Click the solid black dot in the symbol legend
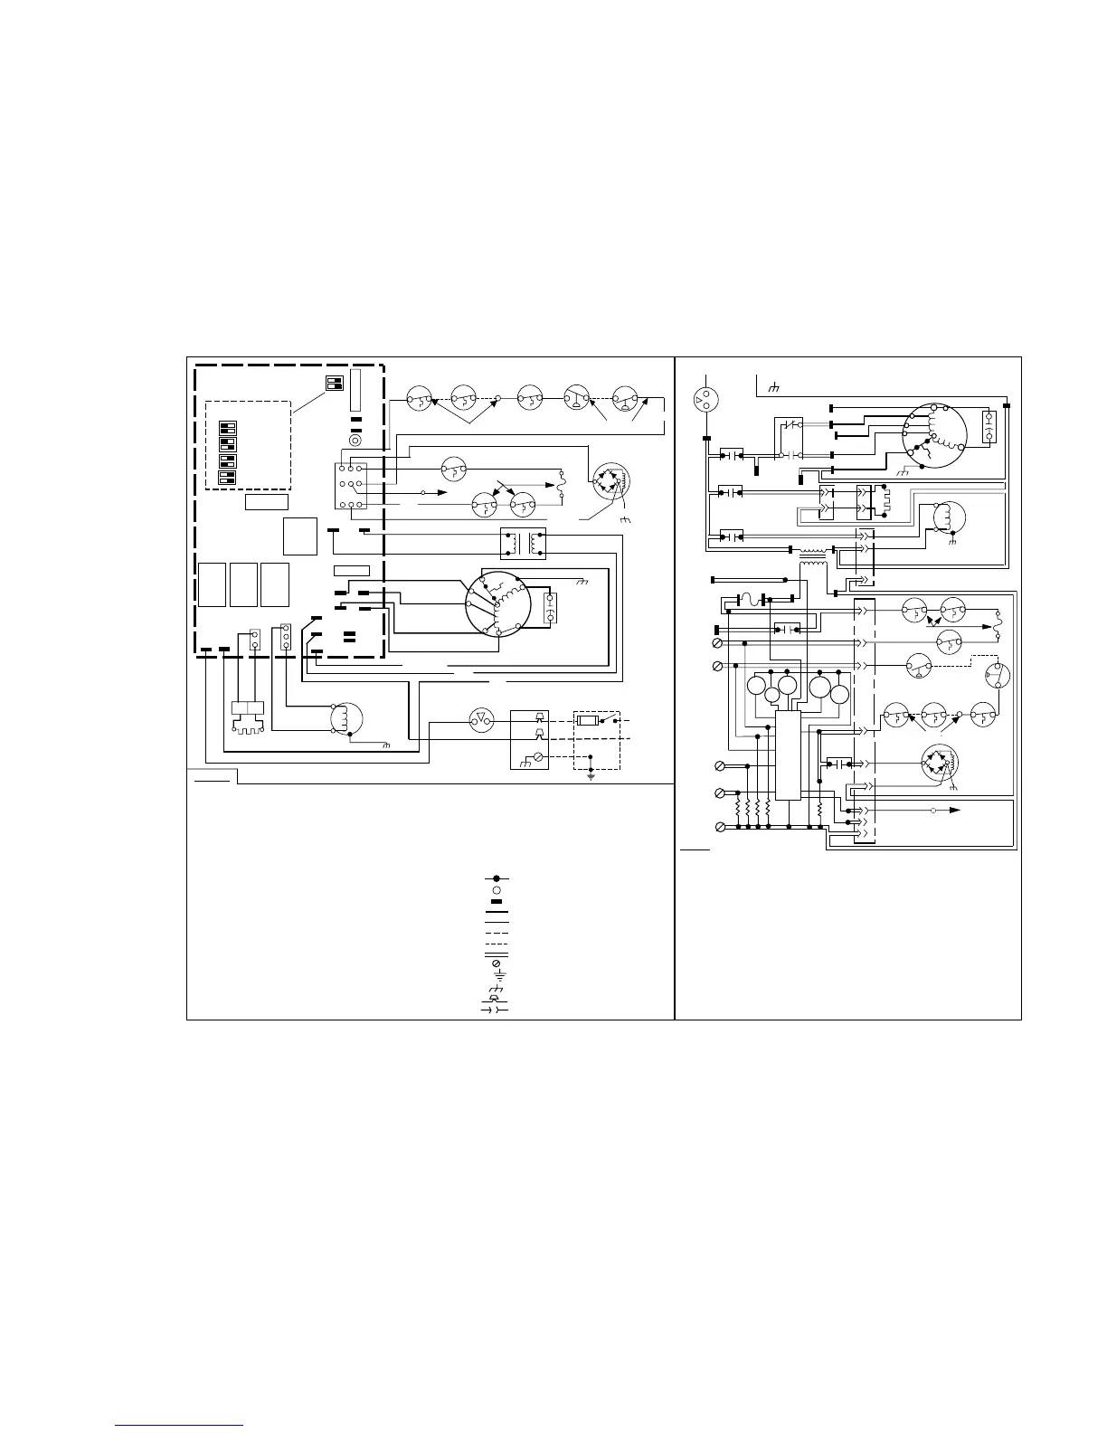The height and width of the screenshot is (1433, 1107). tap(496, 878)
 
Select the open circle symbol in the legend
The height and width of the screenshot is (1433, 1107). tap(496, 889)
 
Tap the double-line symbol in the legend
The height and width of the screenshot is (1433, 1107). tap(496, 953)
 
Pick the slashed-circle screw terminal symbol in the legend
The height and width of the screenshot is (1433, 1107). tap(496, 964)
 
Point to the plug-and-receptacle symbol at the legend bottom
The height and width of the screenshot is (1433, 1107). tap(496, 1008)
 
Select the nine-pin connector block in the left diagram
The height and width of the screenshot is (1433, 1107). tap(348, 487)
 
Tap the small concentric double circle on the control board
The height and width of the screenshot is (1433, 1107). tap(355, 440)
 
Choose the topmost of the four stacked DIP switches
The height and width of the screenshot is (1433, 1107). tap(228, 426)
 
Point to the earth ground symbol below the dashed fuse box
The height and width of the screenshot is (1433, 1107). tap(590, 776)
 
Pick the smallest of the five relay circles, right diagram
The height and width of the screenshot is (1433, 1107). tap(771, 695)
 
